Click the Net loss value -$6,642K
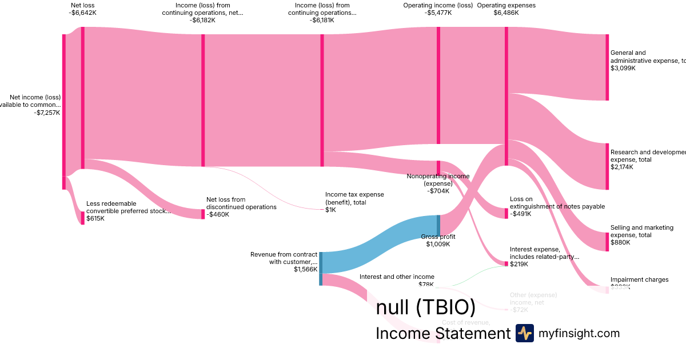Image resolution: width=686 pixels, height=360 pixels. point(83,13)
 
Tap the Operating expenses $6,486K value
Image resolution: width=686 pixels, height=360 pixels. point(506,13)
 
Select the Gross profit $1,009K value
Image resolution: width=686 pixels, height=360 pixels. point(438,244)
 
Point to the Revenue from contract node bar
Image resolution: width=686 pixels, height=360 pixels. point(321,269)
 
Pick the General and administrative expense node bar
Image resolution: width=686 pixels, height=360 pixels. point(607,67)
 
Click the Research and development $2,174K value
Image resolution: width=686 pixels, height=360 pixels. point(621,167)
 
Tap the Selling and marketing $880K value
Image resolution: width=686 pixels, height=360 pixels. point(620,242)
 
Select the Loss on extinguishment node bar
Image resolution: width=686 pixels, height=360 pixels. point(506,213)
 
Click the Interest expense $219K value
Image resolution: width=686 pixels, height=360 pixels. point(519,264)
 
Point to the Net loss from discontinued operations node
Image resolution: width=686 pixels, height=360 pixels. point(202,214)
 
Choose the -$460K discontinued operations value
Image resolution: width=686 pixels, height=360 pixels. point(217,214)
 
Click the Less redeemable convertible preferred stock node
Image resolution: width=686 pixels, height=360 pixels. point(82,218)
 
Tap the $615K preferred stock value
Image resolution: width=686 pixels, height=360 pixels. point(95,218)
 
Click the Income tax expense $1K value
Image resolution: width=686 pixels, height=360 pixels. point(330,210)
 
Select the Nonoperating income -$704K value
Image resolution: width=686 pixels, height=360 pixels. point(438,191)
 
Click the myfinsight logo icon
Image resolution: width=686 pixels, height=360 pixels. point(524,333)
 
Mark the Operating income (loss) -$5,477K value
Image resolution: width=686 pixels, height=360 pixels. point(438,13)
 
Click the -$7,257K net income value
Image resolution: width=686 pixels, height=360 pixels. point(47,113)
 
